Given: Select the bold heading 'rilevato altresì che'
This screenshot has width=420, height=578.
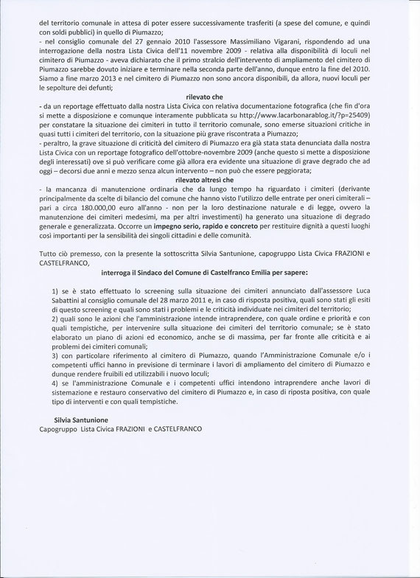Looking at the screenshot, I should click(x=210, y=179).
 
